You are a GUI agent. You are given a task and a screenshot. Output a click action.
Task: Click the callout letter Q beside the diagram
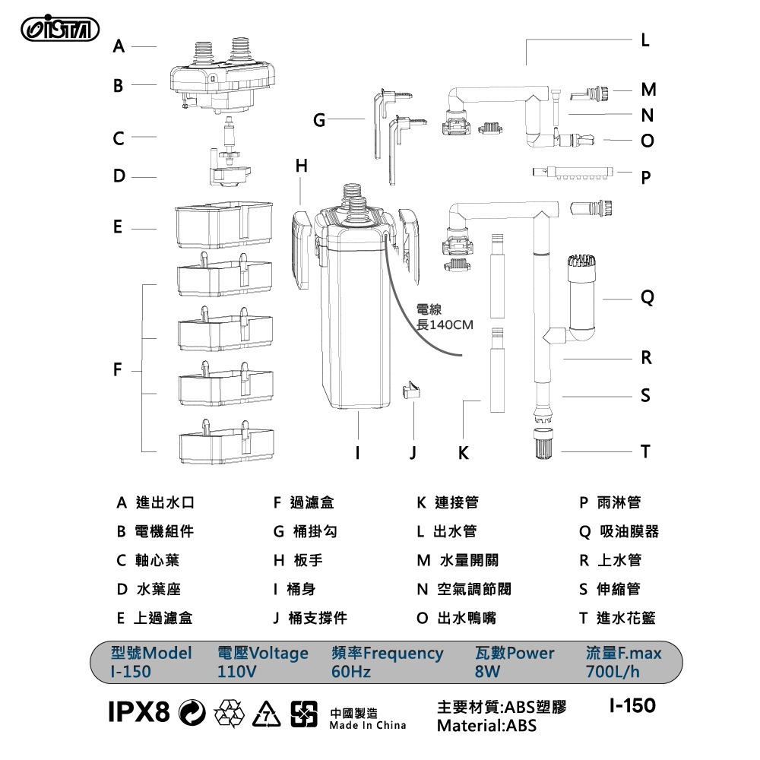[x=646, y=299]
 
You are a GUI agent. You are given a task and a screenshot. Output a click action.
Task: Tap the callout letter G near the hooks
[x=319, y=120]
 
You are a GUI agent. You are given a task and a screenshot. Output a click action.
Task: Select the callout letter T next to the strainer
[x=645, y=451]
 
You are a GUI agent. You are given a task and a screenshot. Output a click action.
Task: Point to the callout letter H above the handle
[x=302, y=166]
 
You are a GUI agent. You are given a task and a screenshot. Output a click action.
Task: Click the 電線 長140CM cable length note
[x=445, y=318]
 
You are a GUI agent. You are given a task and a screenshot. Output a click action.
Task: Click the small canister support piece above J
[x=411, y=394]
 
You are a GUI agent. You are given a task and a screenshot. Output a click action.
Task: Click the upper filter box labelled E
[x=223, y=225]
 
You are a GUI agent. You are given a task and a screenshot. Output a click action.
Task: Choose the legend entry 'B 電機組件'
[x=155, y=532]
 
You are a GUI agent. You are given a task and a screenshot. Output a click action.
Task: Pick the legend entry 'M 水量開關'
[x=458, y=561]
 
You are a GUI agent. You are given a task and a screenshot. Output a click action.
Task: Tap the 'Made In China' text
[x=368, y=725]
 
